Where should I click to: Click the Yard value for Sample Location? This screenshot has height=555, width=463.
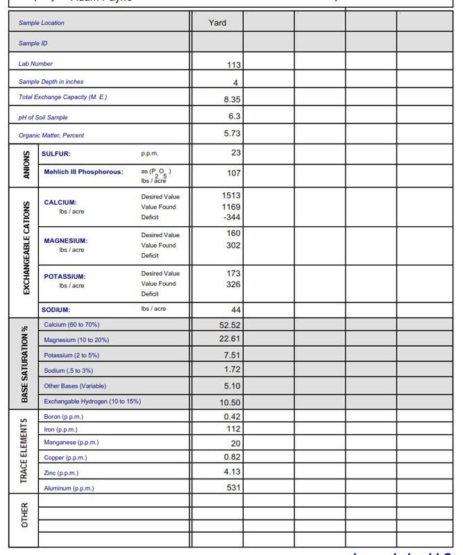(217, 23)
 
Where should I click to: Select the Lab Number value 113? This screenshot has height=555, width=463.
(233, 65)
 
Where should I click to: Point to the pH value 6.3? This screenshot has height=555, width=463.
(234, 117)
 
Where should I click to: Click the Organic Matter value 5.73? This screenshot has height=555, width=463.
(232, 133)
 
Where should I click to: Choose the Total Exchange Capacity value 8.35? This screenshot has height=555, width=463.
(232, 99)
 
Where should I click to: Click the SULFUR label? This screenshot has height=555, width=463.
(56, 153)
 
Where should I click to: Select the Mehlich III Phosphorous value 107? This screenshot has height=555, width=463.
(233, 173)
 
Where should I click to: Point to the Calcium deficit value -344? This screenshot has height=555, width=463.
(231, 217)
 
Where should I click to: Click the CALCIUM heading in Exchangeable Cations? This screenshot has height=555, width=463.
(60, 203)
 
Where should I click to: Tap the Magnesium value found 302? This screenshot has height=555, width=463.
(233, 245)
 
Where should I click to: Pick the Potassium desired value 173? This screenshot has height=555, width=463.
(233, 273)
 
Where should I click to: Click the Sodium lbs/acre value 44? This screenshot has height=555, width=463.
(235, 309)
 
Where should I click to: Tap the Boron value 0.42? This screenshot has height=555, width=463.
(232, 417)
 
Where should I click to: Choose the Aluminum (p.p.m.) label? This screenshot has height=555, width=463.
(69, 488)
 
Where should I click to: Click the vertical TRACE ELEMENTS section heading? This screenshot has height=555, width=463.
(24, 452)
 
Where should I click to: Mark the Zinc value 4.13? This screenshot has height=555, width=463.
(232, 472)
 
